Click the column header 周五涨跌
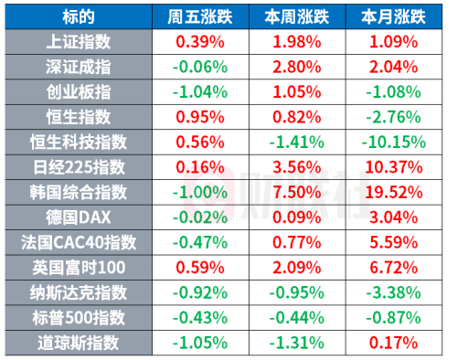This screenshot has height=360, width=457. click(200, 17)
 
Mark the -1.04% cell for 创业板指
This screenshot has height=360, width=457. click(200, 92)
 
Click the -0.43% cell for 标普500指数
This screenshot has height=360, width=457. click(200, 317)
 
